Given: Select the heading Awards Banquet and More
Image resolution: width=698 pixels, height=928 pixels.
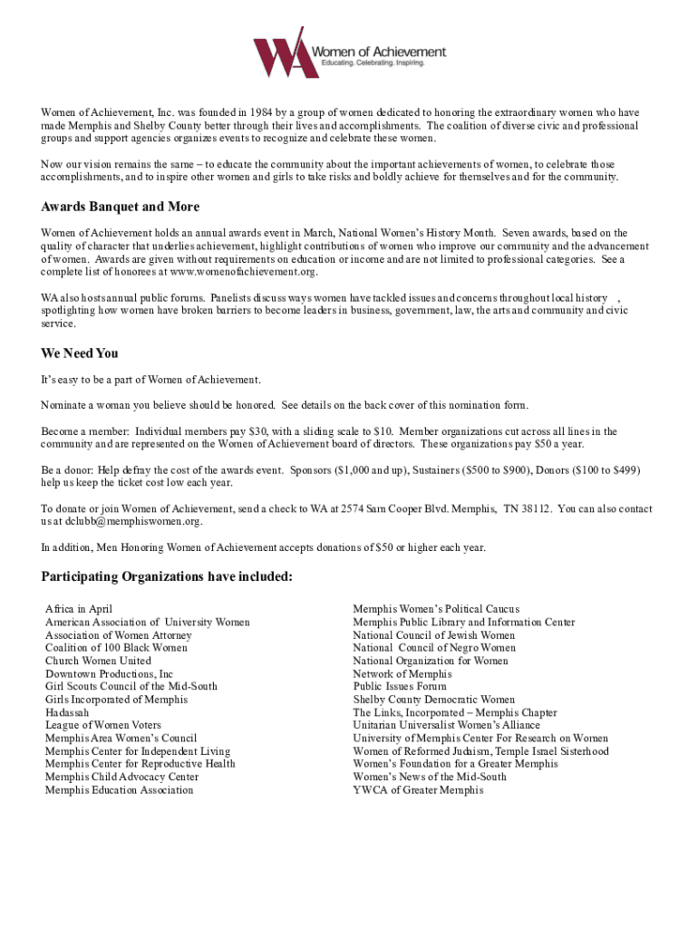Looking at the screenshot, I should pos(121,208).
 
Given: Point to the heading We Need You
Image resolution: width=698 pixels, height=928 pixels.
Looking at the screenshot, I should pos(80,353).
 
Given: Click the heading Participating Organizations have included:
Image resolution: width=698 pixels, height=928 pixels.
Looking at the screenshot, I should pos(167,578).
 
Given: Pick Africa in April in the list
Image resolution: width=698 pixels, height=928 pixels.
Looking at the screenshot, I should pos(79,609).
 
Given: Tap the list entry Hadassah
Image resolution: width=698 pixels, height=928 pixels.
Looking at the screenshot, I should pos(67,712).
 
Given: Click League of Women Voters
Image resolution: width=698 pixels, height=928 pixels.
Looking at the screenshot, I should pos(103,725).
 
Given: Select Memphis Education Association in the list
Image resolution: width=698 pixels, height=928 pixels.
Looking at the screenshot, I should pos(119,790).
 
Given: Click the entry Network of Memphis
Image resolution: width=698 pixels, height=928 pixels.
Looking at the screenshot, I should pos(402,674).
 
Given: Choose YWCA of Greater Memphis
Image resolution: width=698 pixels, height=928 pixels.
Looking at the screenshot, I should pos(418,790).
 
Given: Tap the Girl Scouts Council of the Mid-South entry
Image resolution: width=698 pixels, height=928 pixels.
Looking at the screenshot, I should pos(131,687).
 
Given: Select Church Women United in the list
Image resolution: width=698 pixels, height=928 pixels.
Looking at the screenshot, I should pos(98,661).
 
